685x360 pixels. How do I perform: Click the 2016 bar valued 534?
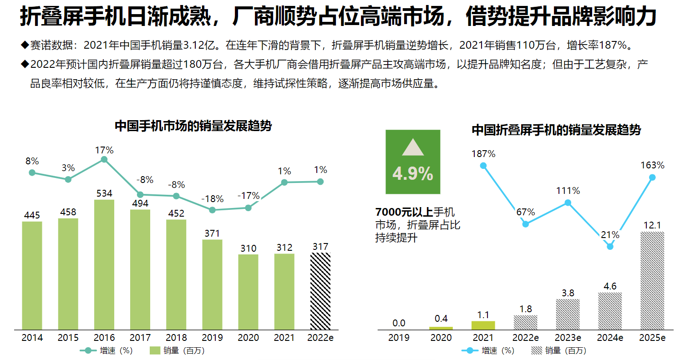[104, 264]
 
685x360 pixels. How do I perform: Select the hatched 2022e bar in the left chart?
[320, 291]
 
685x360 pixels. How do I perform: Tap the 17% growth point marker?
[104, 159]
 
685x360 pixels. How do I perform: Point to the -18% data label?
[213, 199]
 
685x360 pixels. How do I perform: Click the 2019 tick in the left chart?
[213, 338]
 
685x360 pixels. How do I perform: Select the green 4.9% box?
[413, 162]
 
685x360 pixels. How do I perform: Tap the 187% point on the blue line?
[483, 166]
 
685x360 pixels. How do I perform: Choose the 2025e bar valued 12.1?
[652, 280]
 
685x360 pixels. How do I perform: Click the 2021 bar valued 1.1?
[483, 325]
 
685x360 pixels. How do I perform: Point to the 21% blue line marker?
[610, 246]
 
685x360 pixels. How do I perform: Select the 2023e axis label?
[568, 338]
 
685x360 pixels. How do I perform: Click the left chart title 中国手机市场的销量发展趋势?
[193, 126]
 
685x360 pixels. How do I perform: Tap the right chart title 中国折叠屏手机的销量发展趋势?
[556, 130]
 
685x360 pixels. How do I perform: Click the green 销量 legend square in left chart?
[155, 350]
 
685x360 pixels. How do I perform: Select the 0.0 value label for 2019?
[399, 323]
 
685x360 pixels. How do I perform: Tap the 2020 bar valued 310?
[249, 292]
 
